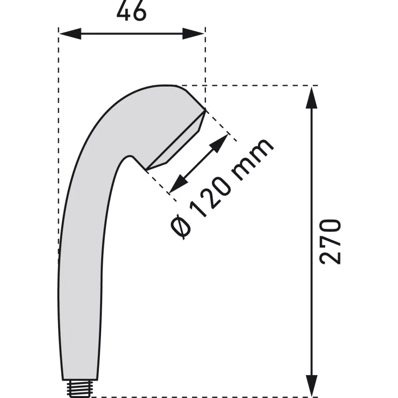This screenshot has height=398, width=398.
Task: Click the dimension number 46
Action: pos(132,11)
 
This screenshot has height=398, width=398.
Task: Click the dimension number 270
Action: pos(330,242)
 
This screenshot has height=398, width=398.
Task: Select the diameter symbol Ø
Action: pos(181,227)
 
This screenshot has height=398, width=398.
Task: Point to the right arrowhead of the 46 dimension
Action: pos(193,34)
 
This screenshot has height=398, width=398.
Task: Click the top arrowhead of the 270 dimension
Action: pos(312,98)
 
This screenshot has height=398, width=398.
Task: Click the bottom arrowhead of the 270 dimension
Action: pos(312,385)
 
